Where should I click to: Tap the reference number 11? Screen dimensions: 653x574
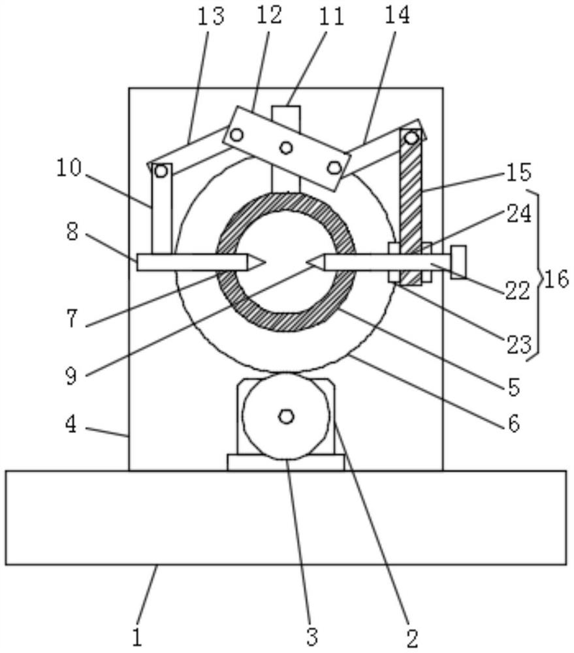330,17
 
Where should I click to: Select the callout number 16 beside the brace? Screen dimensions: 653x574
556,279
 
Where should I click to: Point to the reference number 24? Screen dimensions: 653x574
519,214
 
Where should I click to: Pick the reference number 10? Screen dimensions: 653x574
69,168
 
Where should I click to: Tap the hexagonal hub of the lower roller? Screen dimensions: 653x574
285,416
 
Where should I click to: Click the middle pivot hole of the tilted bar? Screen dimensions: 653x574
285,148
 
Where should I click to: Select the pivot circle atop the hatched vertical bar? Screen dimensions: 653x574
411,138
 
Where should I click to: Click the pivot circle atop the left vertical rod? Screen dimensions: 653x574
160,171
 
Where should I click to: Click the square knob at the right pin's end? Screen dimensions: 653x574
458,262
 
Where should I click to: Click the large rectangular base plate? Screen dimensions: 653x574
285,517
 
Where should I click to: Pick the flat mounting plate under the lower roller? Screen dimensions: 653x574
285,462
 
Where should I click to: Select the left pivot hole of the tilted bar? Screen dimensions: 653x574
236,135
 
